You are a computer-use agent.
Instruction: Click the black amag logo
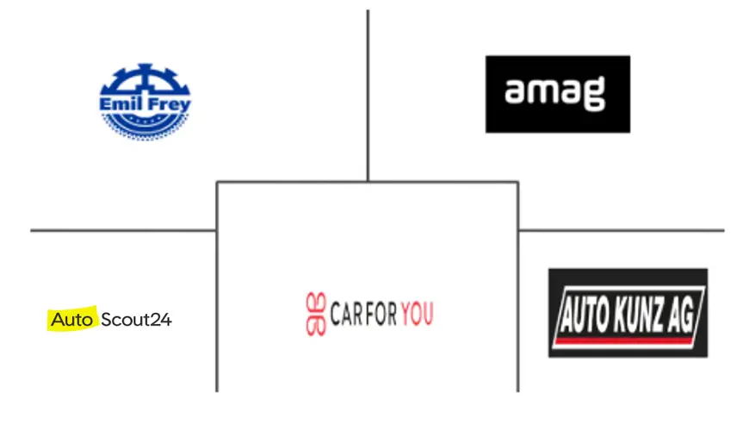point(557,94)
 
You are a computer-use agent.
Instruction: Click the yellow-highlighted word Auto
point(71,320)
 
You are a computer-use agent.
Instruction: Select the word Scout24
point(136,320)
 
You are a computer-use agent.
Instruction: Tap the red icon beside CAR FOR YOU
point(316,315)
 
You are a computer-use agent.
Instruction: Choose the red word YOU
point(417,315)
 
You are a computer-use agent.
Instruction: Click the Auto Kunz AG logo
point(628,313)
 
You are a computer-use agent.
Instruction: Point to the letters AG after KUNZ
point(684,309)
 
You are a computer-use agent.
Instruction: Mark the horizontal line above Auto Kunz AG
point(621,230)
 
